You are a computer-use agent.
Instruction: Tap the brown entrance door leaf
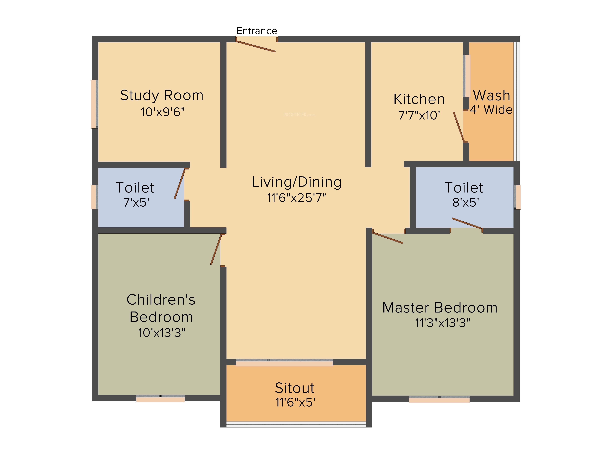[256, 46]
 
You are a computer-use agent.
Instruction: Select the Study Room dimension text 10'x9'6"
[163, 112]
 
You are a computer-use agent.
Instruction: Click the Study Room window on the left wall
[94, 104]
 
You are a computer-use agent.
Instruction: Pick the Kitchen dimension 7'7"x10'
[419, 115]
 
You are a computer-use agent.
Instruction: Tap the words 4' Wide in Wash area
[491, 110]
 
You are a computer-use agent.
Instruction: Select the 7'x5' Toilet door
[179, 184]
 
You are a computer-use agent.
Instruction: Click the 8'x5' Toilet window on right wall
[517, 197]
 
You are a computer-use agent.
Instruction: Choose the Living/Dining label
[297, 182]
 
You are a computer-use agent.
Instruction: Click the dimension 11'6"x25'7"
[297, 198]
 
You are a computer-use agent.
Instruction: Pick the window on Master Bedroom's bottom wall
[439, 399]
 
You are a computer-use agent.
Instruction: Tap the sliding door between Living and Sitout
[284, 362]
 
